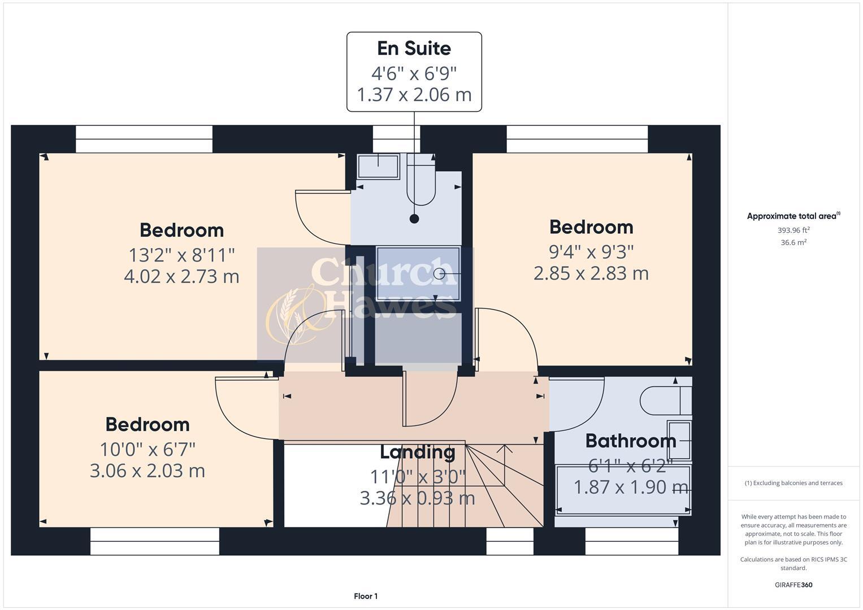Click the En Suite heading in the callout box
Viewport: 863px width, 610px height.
click(x=414, y=49)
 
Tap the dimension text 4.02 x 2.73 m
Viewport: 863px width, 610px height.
click(x=181, y=277)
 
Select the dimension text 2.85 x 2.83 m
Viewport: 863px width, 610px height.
click(x=591, y=273)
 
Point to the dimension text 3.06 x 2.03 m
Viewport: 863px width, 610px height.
click(x=147, y=470)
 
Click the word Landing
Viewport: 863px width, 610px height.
click(x=417, y=452)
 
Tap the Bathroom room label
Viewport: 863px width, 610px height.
click(x=630, y=441)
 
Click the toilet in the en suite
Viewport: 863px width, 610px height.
click(x=421, y=180)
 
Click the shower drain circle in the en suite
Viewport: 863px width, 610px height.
click(x=440, y=274)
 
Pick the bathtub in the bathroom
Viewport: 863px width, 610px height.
click(x=623, y=490)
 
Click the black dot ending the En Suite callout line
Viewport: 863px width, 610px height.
click(x=414, y=219)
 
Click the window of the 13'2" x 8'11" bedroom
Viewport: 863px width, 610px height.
click(x=144, y=139)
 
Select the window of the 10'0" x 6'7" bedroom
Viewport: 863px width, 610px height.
click(x=154, y=541)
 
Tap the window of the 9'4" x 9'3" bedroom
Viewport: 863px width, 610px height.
click(x=577, y=139)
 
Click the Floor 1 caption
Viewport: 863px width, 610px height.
click(x=366, y=596)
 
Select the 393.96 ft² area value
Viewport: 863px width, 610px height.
click(x=793, y=230)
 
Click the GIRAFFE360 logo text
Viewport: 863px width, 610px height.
click(x=793, y=585)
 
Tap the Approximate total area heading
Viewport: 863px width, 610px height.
click(x=792, y=216)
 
